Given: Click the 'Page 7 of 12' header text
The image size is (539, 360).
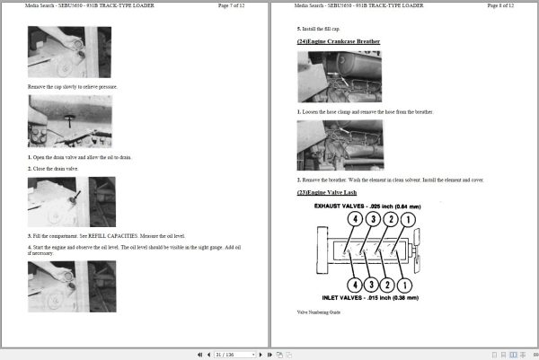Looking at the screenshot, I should tap(238, 6).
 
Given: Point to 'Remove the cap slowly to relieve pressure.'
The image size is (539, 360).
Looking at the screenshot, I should tap(73, 86).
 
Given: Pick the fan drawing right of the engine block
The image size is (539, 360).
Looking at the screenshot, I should tap(419, 251).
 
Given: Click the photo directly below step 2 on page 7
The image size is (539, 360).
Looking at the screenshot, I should tap(71, 202).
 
